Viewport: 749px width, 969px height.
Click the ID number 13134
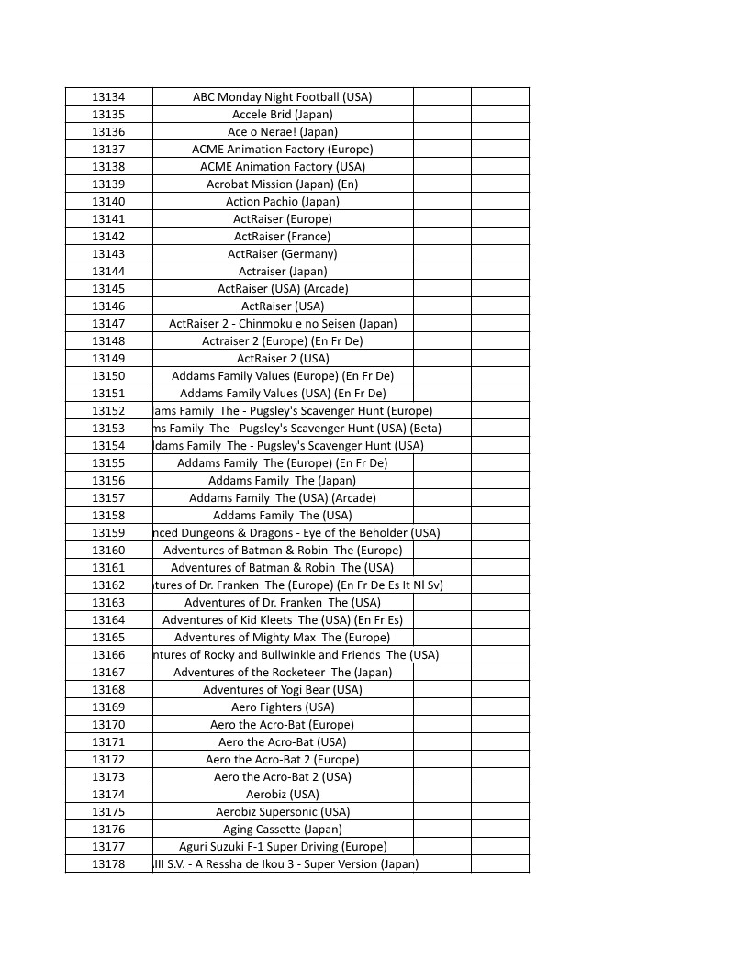(108, 97)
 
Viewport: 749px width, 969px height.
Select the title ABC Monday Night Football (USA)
(283, 97)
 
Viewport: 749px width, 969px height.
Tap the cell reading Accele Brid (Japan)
(283, 115)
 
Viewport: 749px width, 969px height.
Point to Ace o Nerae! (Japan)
(283, 132)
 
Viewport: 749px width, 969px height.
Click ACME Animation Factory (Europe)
(283, 150)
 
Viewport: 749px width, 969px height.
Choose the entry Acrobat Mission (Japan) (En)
(283, 184)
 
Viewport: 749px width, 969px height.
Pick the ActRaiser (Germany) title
(283, 254)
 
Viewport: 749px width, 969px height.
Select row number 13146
(108, 306)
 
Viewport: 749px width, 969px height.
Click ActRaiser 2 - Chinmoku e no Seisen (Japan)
(283, 324)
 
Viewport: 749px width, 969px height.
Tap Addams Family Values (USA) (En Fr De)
(283, 394)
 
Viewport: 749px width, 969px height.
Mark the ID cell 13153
(108, 429)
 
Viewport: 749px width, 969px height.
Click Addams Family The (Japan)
(283, 481)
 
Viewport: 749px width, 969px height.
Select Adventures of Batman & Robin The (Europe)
(283, 551)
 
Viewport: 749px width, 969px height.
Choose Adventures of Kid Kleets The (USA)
(283, 620)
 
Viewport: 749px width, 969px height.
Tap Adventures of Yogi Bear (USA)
(283, 690)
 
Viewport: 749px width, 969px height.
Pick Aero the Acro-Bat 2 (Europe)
(283, 760)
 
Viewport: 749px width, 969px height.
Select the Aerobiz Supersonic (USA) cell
(283, 812)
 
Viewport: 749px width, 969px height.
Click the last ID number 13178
(108, 864)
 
